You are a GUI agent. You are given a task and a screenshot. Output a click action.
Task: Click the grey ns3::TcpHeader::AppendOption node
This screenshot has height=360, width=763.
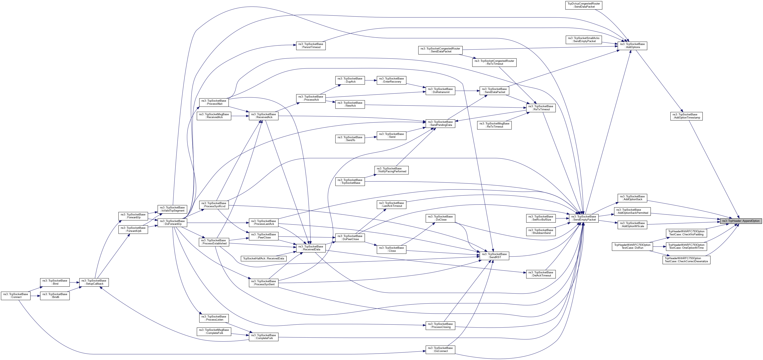(x=740, y=221)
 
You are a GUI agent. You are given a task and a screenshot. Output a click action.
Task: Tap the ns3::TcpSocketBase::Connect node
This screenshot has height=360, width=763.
(x=16, y=296)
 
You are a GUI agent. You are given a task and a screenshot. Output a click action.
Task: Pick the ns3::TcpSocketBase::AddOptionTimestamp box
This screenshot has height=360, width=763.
(x=686, y=116)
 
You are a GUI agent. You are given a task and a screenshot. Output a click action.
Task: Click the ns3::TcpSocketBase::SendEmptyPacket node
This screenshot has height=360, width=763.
(x=583, y=218)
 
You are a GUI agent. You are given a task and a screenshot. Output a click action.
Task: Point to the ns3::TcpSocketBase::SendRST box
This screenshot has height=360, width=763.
(x=494, y=256)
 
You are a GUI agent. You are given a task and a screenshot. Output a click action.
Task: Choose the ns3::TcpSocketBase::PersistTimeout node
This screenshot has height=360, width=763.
(x=311, y=46)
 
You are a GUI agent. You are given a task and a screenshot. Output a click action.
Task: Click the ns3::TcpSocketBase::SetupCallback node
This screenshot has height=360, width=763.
(x=94, y=282)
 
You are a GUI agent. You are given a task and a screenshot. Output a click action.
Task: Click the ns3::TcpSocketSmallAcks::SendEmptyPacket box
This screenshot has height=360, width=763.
(x=583, y=40)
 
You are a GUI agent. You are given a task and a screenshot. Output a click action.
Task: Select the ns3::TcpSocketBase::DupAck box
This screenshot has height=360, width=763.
(x=350, y=80)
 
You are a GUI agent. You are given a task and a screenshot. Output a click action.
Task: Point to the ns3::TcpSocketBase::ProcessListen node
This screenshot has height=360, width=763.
(x=214, y=318)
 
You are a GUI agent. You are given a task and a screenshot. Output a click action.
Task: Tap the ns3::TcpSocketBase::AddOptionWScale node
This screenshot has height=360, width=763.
(x=632, y=225)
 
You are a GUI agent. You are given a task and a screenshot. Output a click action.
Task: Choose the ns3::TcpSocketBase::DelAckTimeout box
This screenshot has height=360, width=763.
(x=541, y=274)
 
